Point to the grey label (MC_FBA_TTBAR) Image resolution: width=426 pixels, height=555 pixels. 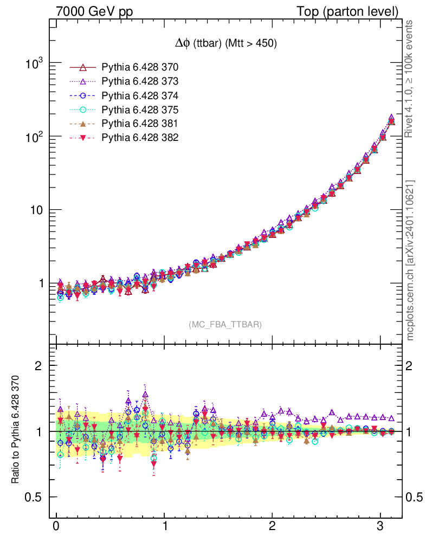click(x=225, y=325)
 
